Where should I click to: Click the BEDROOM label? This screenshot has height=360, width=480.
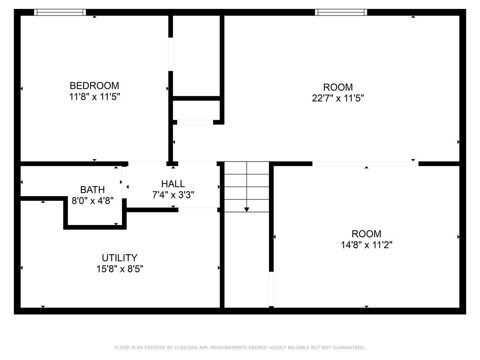pyautogui.click(x=94, y=86)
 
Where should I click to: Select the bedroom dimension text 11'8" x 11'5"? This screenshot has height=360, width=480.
pyautogui.click(x=94, y=96)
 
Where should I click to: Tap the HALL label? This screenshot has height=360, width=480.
pyautogui.click(x=173, y=184)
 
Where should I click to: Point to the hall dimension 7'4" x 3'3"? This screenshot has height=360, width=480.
pyautogui.click(x=173, y=195)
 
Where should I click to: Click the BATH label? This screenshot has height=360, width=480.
pyautogui.click(x=92, y=190)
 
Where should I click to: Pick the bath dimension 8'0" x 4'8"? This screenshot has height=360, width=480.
pyautogui.click(x=92, y=201)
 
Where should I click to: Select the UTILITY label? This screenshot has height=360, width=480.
pyautogui.click(x=120, y=258)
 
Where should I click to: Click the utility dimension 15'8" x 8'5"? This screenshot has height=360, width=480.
pyautogui.click(x=120, y=269)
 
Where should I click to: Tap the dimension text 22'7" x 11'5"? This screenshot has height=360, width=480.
pyautogui.click(x=338, y=98)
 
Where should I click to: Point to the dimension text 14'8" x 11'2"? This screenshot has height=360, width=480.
pyautogui.click(x=366, y=245)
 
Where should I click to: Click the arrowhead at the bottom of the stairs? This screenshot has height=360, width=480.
pyautogui.click(x=247, y=210)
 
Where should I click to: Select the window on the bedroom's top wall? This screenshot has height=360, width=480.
pyautogui.click(x=60, y=12)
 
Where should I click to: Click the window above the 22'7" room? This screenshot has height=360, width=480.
pyautogui.click(x=341, y=12)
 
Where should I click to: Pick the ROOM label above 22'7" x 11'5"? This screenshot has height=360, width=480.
pyautogui.click(x=338, y=87)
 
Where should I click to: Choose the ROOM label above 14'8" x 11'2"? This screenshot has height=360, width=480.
pyautogui.click(x=366, y=234)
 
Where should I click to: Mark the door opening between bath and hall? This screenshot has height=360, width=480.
pyautogui.click(x=124, y=182)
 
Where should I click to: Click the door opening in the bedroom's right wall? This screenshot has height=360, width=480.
pyautogui.click(x=171, y=54)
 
